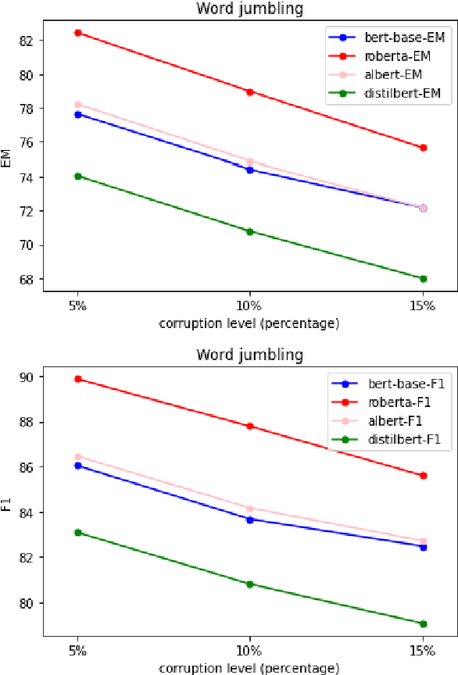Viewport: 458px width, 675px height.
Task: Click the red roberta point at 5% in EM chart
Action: click(77, 33)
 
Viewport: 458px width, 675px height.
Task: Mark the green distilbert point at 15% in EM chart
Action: click(423, 278)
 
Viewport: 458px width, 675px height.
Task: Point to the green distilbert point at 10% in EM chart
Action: click(250, 231)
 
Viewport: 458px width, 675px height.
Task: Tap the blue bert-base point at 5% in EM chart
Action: click(77, 114)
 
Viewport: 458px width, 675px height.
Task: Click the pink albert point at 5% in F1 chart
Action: click(77, 456)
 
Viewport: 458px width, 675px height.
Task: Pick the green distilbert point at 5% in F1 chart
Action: click(77, 532)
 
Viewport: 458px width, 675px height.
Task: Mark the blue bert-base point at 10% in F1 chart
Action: click(250, 519)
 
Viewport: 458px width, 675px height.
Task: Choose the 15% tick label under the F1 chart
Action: click(423, 650)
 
